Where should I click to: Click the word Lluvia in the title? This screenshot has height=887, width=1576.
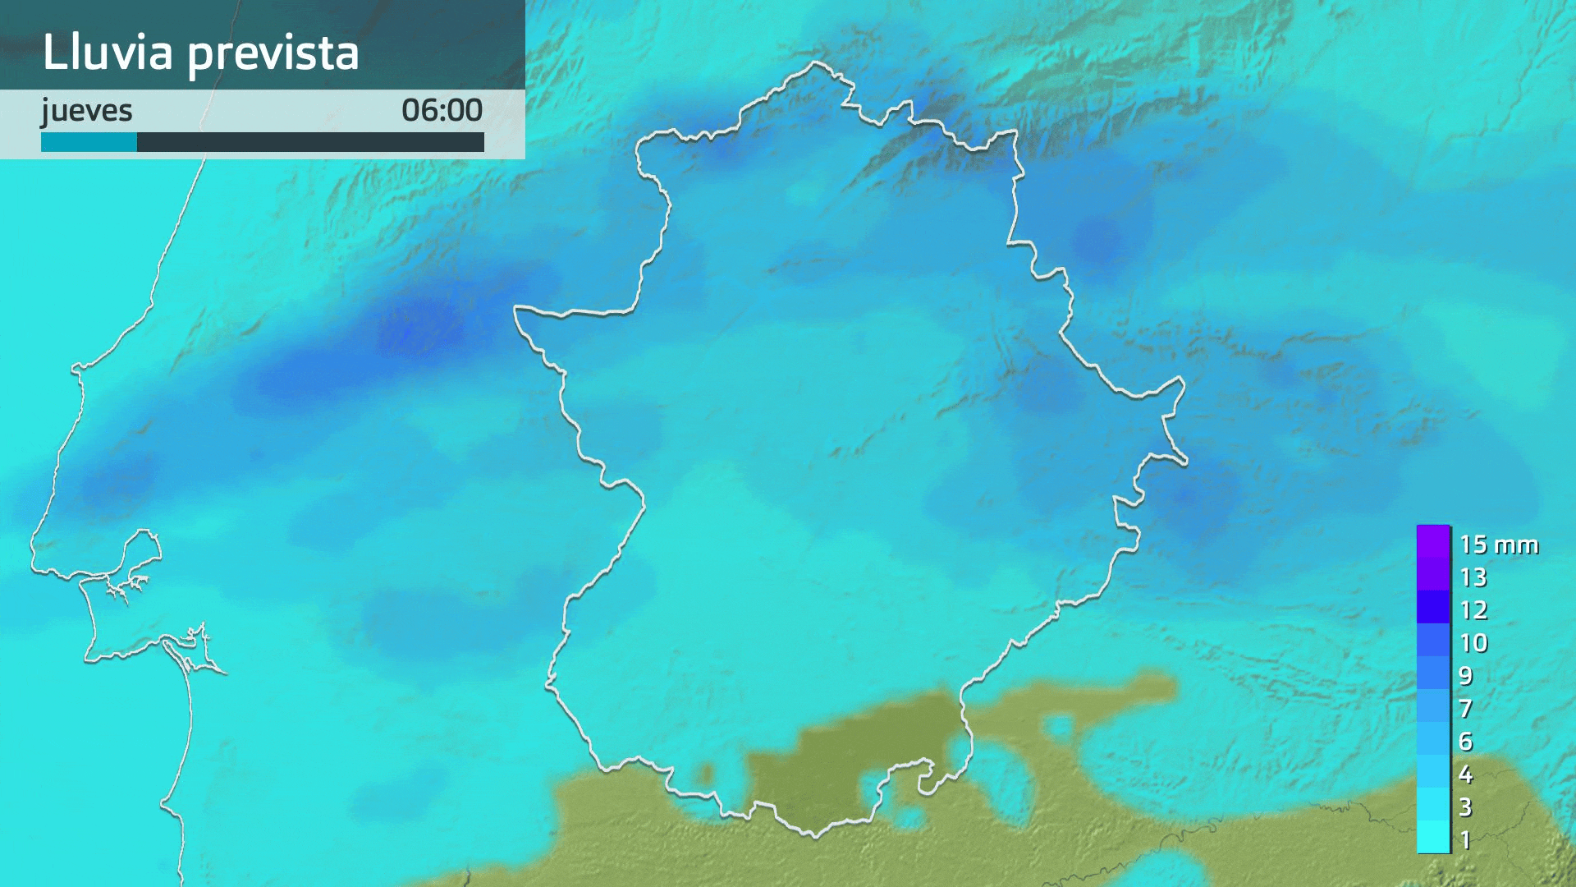click(x=108, y=53)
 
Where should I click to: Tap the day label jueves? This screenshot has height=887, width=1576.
click(x=86, y=111)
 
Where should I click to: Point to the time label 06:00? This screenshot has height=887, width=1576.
click(x=442, y=110)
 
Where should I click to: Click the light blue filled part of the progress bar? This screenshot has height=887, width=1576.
click(x=89, y=142)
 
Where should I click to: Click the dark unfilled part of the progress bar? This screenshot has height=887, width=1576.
click(x=310, y=142)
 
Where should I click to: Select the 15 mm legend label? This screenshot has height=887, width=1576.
click(x=1498, y=545)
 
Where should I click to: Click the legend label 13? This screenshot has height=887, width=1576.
click(x=1473, y=577)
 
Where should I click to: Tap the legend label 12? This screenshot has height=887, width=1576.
click(x=1473, y=610)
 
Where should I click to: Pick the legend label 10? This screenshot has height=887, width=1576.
click(x=1473, y=643)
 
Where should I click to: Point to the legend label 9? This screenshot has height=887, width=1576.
click(x=1466, y=676)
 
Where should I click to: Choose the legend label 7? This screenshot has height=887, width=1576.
click(x=1466, y=709)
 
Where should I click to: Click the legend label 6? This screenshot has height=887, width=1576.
click(x=1466, y=742)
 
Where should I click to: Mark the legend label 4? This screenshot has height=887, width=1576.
click(x=1466, y=774)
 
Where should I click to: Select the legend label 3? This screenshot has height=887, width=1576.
click(x=1466, y=807)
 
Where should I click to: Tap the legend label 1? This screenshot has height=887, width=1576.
click(x=1466, y=840)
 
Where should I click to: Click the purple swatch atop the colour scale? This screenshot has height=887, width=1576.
click(x=1433, y=542)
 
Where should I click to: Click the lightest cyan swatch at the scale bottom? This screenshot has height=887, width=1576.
click(x=1433, y=838)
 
